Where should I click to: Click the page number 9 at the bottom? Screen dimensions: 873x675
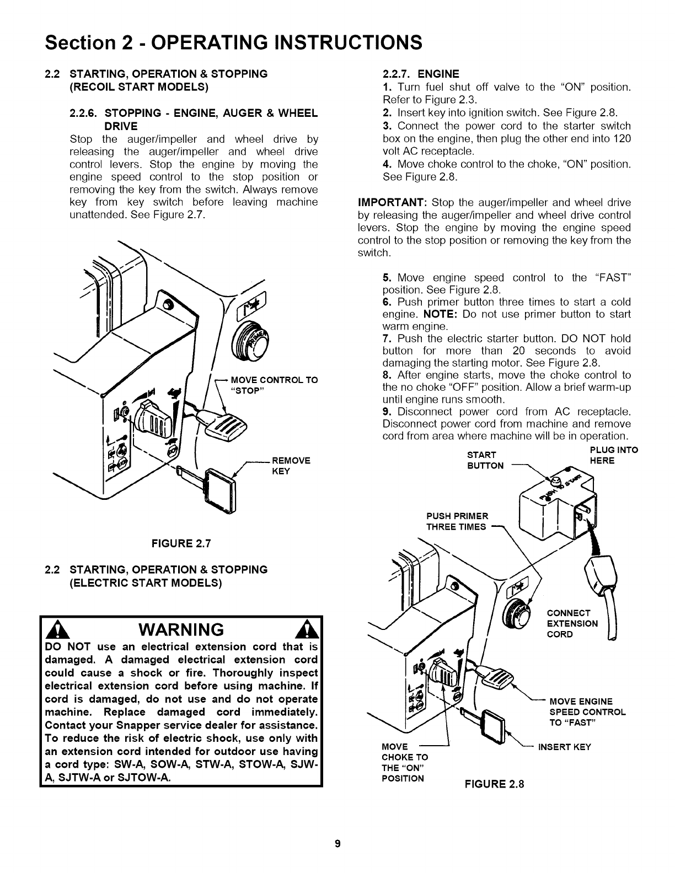(338, 844)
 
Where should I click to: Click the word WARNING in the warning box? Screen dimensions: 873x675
(181, 629)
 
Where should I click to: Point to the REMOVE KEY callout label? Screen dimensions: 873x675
(292, 466)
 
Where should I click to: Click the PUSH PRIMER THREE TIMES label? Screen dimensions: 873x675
(457, 521)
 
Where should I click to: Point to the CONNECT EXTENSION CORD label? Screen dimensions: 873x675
(572, 623)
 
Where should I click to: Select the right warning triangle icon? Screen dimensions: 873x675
(305, 629)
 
